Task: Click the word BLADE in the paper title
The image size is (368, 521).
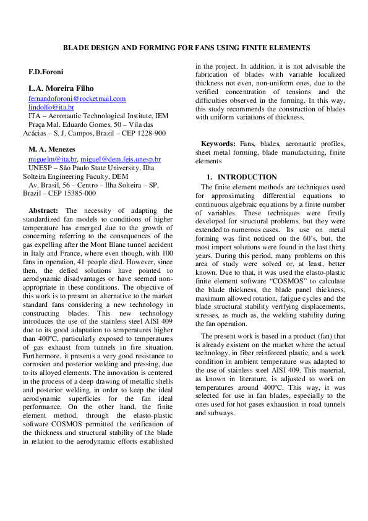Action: [x=79, y=48]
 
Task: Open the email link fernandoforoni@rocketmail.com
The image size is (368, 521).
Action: [x=77, y=98]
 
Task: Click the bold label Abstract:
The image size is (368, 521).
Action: [x=44, y=211]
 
